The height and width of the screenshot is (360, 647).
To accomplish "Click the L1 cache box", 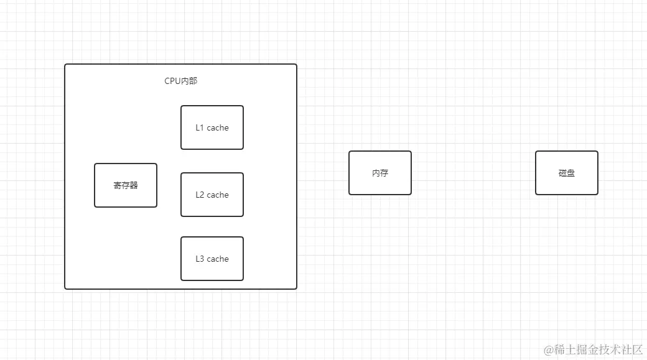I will click(x=212, y=127).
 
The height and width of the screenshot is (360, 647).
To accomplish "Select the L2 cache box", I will click(x=212, y=195).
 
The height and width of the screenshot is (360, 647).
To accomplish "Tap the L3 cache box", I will click(x=212, y=259).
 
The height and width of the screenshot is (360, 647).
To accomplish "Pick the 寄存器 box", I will click(x=126, y=185).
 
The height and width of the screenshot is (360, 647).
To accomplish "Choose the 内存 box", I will click(x=380, y=173).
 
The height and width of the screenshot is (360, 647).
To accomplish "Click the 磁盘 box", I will click(x=567, y=173).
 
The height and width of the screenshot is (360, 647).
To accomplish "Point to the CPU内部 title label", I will click(x=180, y=81).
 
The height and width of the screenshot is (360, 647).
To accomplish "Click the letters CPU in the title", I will click(x=172, y=81).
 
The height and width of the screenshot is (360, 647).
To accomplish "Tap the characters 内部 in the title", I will click(x=189, y=81).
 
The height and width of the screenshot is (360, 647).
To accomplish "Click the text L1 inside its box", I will click(x=200, y=127).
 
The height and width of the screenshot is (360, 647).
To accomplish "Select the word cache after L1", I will click(x=218, y=127).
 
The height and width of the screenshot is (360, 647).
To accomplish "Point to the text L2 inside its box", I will click(x=200, y=195).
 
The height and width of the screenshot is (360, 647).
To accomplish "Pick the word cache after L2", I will click(x=218, y=195).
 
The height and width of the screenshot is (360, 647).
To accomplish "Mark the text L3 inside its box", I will click(x=200, y=259).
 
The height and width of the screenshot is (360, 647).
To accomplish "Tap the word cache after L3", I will click(x=218, y=259).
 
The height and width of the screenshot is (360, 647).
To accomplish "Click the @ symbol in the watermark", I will click(x=549, y=350).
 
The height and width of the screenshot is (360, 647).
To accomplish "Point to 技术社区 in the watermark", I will click(x=621, y=350).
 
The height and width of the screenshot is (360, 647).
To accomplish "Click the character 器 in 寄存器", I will click(x=134, y=185).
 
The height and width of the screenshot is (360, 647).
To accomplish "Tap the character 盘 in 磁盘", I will click(x=571, y=173).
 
